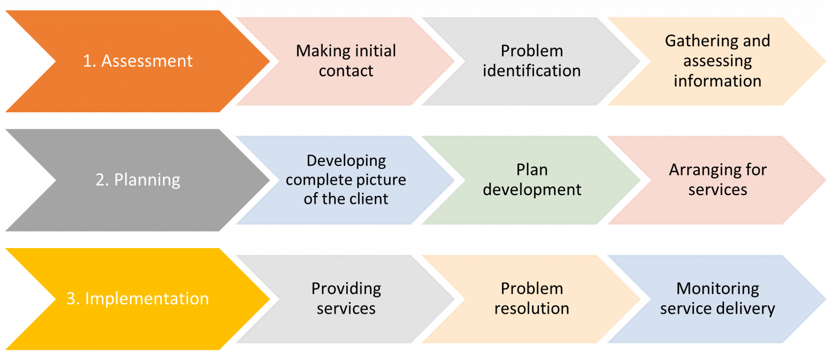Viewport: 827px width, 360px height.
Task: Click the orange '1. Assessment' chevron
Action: point(137,61)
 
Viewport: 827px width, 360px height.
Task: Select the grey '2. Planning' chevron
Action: point(137,180)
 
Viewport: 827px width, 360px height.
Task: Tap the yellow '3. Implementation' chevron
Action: point(137,299)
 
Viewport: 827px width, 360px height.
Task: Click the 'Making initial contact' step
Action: point(346,61)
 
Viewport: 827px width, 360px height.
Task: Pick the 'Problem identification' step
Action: point(531,61)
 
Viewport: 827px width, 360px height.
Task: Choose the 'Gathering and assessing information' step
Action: point(717,61)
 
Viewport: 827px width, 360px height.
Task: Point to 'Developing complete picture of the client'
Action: point(346,180)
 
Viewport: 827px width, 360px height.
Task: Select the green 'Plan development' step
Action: point(531,180)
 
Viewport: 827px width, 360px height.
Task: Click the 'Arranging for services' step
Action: point(717,180)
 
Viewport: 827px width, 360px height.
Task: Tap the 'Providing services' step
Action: point(346,299)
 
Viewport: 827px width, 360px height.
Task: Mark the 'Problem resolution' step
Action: point(531,299)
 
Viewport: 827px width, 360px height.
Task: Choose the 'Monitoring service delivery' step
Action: point(717,299)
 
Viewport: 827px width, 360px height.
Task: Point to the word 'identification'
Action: point(531,71)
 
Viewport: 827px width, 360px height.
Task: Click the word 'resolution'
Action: point(531,309)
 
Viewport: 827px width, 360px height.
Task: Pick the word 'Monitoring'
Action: point(718,289)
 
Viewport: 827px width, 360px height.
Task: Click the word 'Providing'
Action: point(346,289)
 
